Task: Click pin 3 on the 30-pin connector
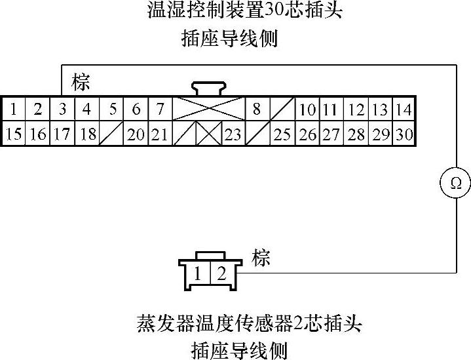[62, 110]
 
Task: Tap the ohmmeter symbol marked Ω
[455, 183]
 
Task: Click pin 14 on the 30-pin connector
[404, 110]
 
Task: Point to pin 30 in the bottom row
[404, 134]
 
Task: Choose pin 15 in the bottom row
[13, 134]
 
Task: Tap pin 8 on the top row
[257, 110]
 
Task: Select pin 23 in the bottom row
[233, 134]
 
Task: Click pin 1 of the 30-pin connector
[13, 110]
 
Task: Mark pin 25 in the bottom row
[282, 134]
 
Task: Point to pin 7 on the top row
[160, 110]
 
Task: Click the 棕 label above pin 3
[81, 83]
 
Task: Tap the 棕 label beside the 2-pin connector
[261, 257]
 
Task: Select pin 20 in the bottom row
[136, 134]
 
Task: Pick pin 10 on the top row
[307, 110]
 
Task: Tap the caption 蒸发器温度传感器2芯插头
[249, 323]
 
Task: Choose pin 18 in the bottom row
[87, 134]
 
